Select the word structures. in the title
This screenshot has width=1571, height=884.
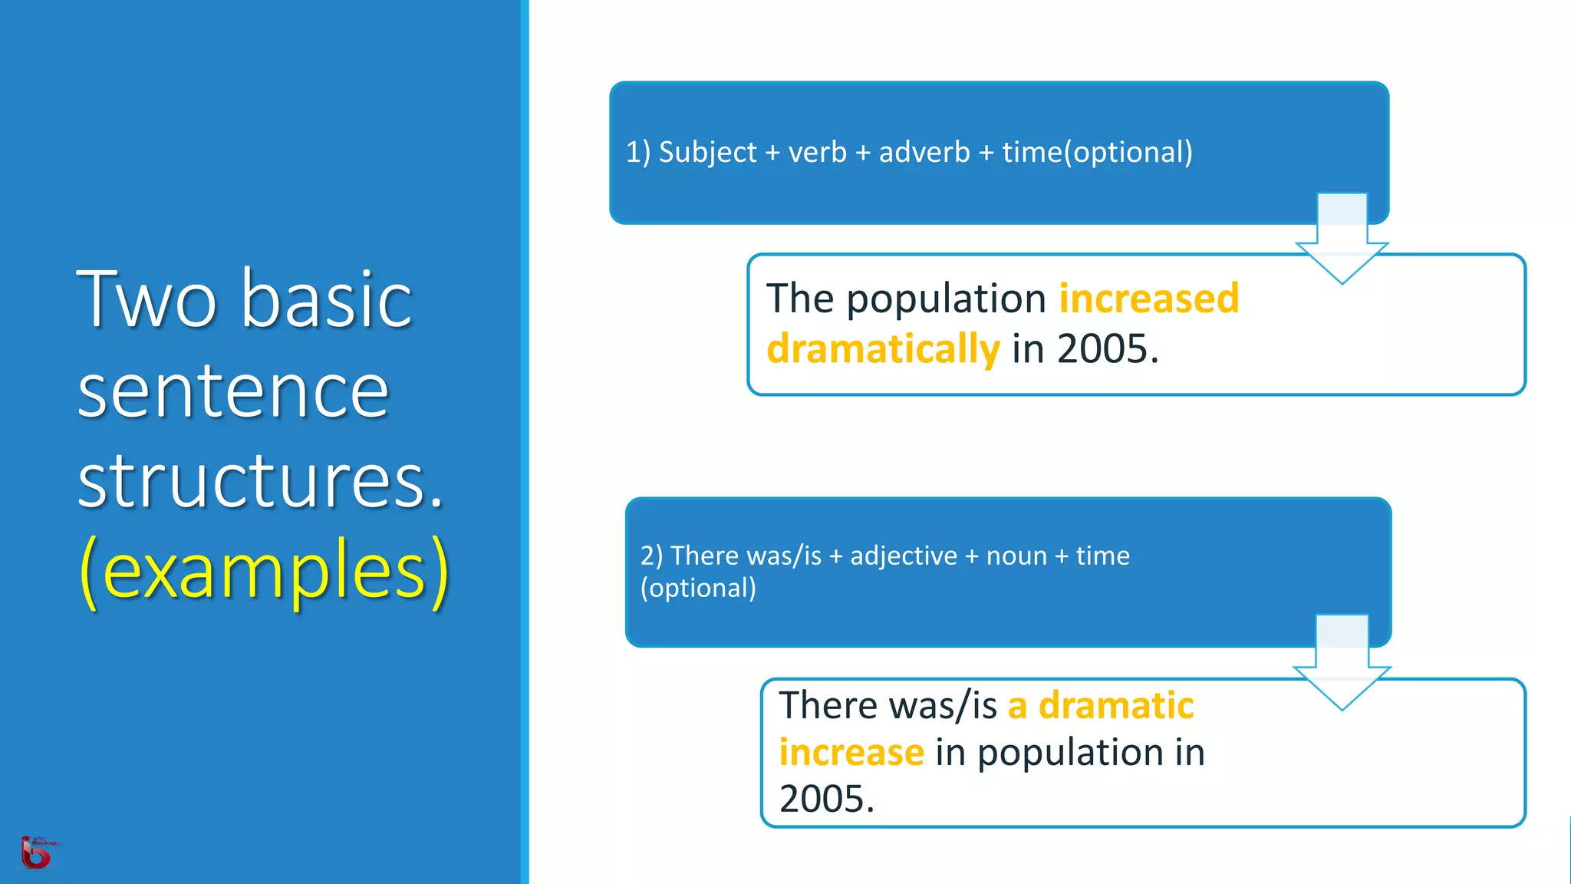260,480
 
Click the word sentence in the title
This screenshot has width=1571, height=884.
233,391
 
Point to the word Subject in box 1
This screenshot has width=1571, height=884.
707,152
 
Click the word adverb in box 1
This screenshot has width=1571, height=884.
924,152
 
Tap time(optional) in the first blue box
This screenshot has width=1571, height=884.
1097,152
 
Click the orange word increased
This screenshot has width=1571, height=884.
1148,298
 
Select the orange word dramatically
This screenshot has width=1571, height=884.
883,348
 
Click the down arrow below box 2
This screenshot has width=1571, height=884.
1342,668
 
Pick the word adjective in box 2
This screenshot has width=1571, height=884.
904,556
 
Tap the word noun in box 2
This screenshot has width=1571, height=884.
1016,556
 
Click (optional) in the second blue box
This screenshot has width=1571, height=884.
698,588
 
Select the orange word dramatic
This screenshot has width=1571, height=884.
1115,705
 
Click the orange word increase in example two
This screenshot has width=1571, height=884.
851,752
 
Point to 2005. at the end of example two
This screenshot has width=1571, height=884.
826,799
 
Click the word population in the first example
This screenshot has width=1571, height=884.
946,298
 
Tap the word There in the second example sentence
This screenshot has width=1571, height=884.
827,705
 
